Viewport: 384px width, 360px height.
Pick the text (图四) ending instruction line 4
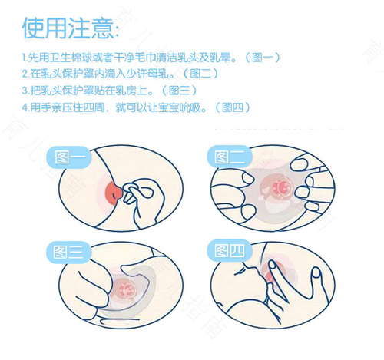pyautogui.click(x=227, y=107)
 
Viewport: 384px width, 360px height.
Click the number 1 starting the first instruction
pyautogui.click(x=25, y=58)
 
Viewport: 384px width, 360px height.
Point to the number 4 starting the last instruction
pyautogui.click(x=25, y=107)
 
